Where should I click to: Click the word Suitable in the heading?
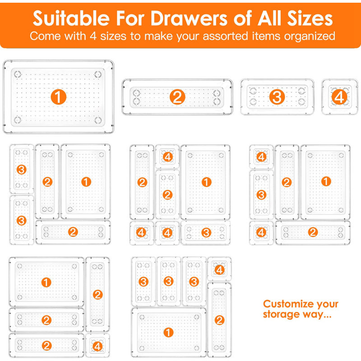coord(66,19)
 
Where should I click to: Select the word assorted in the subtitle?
coord(232,36)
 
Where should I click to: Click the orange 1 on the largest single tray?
coord(59,96)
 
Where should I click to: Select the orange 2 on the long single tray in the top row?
coord(177,97)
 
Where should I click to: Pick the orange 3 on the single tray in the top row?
coord(277,97)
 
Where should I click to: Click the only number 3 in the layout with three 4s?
coord(206,233)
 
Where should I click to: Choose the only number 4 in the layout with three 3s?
coord(219,270)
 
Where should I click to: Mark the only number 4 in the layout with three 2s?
coord(97,347)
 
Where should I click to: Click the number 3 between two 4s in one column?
coord(261,195)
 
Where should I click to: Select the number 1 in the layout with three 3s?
coord(168,333)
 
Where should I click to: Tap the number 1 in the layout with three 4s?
coord(206,182)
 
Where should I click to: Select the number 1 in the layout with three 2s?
coord(46,282)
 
